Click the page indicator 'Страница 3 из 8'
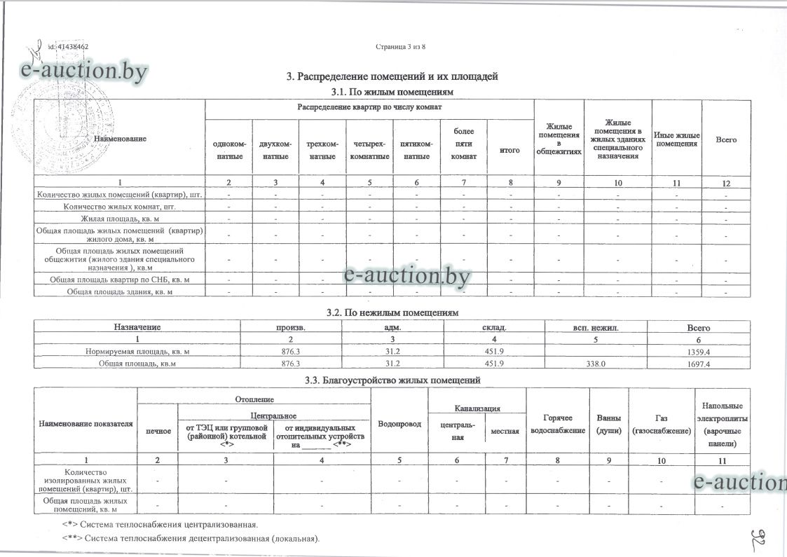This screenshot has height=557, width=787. point(400,47)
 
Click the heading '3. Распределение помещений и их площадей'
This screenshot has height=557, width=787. point(392,76)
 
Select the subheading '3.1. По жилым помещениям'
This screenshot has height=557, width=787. point(392,92)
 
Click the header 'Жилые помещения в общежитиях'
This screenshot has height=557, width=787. point(558,139)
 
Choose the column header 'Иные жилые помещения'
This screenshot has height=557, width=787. point(676,139)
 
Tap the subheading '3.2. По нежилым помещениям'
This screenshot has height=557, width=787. point(392,312)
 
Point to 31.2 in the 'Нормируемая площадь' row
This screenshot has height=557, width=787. point(393,351)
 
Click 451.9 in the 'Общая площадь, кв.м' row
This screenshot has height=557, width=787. point(497,364)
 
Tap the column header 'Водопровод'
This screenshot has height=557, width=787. point(398,425)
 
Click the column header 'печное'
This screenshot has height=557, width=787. point(158,430)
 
